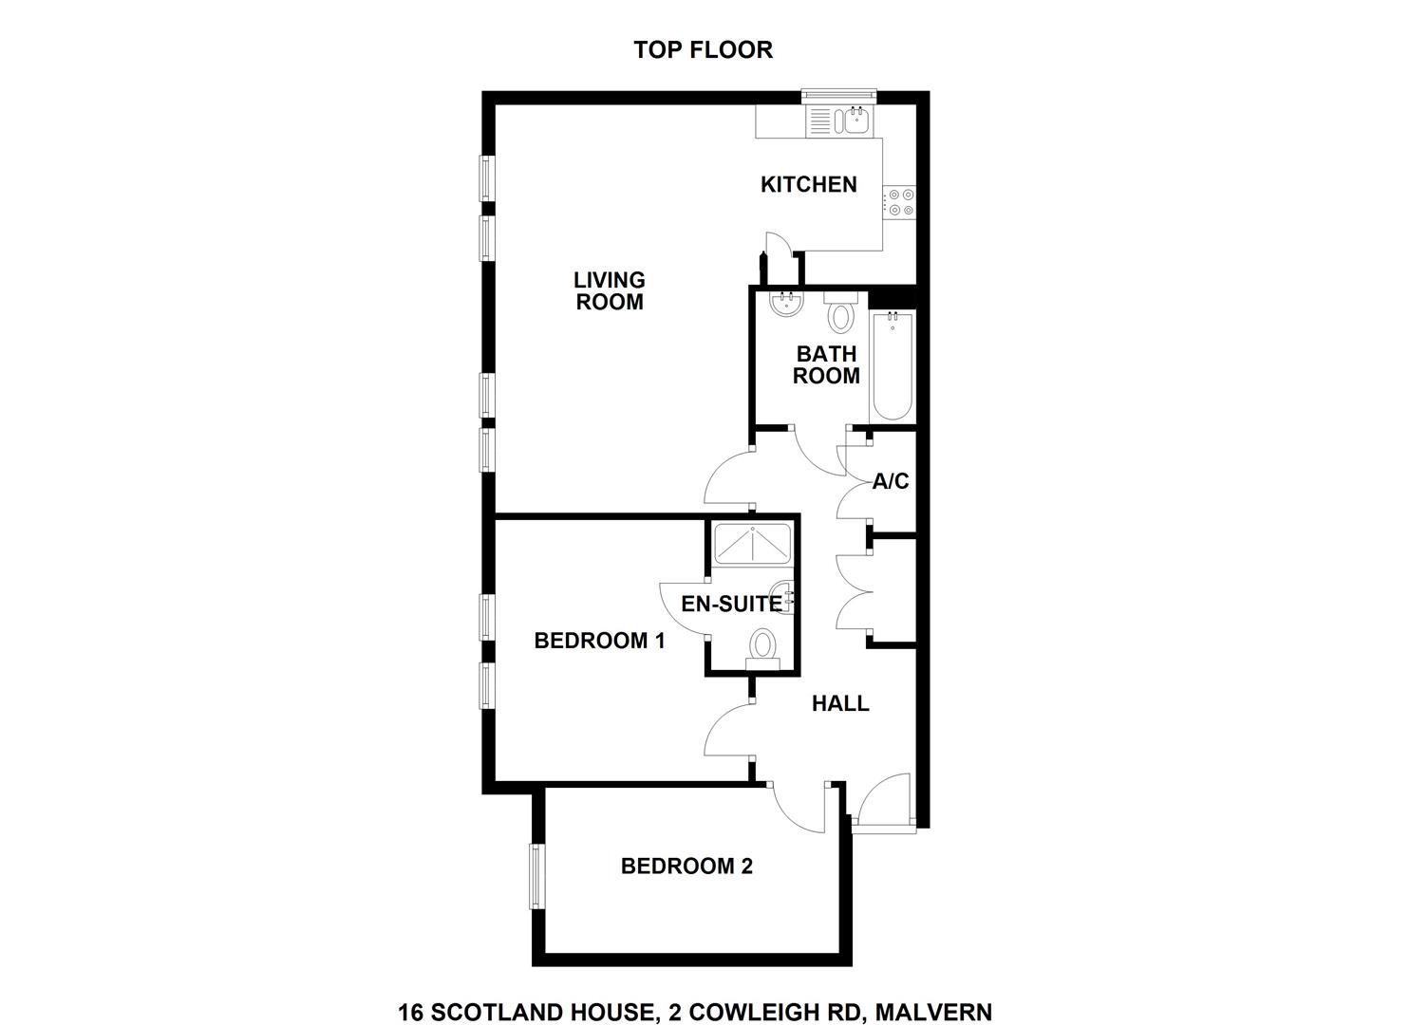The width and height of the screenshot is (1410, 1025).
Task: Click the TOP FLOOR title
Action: pos(704,49)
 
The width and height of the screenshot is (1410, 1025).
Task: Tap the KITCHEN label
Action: pos(809,184)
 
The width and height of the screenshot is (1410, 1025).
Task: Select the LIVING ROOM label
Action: pos(610,290)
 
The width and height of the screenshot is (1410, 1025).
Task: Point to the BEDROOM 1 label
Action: pos(599,641)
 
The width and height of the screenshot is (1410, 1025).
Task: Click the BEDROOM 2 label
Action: pos(686,866)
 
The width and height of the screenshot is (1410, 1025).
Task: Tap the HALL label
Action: pos(840,703)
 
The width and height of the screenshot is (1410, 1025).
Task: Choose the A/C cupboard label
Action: pos(891,481)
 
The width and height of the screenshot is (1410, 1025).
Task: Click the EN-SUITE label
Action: pos(731,604)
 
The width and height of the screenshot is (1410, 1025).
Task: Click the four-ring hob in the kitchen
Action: pos(900,202)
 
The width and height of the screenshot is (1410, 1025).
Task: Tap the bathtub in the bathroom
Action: pos(893,366)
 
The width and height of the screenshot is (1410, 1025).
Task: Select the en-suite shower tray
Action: pos(752,544)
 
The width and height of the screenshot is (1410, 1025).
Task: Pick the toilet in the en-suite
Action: pos(762,649)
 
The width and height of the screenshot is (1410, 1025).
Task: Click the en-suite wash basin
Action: pos(783,598)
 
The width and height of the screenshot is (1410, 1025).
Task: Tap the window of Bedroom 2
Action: pos(536,877)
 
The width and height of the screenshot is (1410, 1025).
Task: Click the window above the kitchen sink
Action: pos(838,94)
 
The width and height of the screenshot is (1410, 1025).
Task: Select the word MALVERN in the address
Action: pos(934,995)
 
